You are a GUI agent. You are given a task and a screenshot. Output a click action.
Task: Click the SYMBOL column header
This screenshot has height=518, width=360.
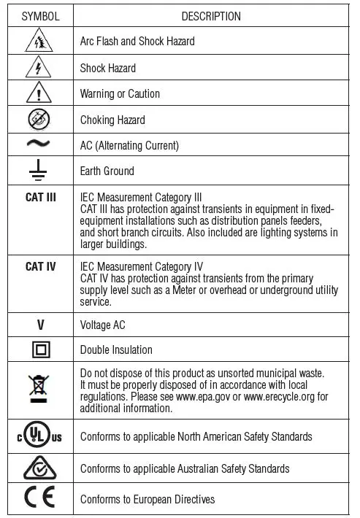(x=40, y=16)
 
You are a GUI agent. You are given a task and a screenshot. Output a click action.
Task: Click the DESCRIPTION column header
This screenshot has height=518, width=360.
(x=210, y=16)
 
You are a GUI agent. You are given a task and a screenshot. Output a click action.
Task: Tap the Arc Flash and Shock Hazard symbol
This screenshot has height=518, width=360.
(x=40, y=42)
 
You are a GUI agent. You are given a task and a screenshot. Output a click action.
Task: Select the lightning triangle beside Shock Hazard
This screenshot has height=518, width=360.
(x=40, y=68)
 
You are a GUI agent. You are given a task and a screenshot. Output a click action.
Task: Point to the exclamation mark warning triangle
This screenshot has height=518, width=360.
(x=40, y=93)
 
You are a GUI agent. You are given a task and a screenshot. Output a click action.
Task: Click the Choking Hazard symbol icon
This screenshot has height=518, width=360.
(x=40, y=120)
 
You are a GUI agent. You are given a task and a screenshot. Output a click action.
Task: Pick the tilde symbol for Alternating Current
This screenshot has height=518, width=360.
(x=40, y=144)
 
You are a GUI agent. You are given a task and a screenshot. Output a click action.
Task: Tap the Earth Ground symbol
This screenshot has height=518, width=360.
(x=40, y=171)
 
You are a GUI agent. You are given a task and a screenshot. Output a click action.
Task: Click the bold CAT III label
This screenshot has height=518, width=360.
(x=40, y=197)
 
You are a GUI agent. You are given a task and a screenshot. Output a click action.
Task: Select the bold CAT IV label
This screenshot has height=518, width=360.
(x=40, y=266)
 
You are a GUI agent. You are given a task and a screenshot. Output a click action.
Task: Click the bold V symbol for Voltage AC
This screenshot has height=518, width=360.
(x=40, y=325)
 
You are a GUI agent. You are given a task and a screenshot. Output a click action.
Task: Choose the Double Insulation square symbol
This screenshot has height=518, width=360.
(x=40, y=350)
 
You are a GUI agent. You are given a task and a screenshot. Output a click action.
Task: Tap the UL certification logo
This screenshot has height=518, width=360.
(x=40, y=436)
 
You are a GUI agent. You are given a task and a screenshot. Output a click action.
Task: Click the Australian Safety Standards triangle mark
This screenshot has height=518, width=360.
(x=40, y=468)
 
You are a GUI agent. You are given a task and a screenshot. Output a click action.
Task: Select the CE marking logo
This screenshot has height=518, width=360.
(x=40, y=499)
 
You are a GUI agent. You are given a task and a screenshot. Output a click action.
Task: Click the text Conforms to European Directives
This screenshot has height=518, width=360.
(x=148, y=499)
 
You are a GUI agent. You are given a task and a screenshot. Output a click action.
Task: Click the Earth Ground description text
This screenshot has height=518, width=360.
(x=107, y=171)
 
